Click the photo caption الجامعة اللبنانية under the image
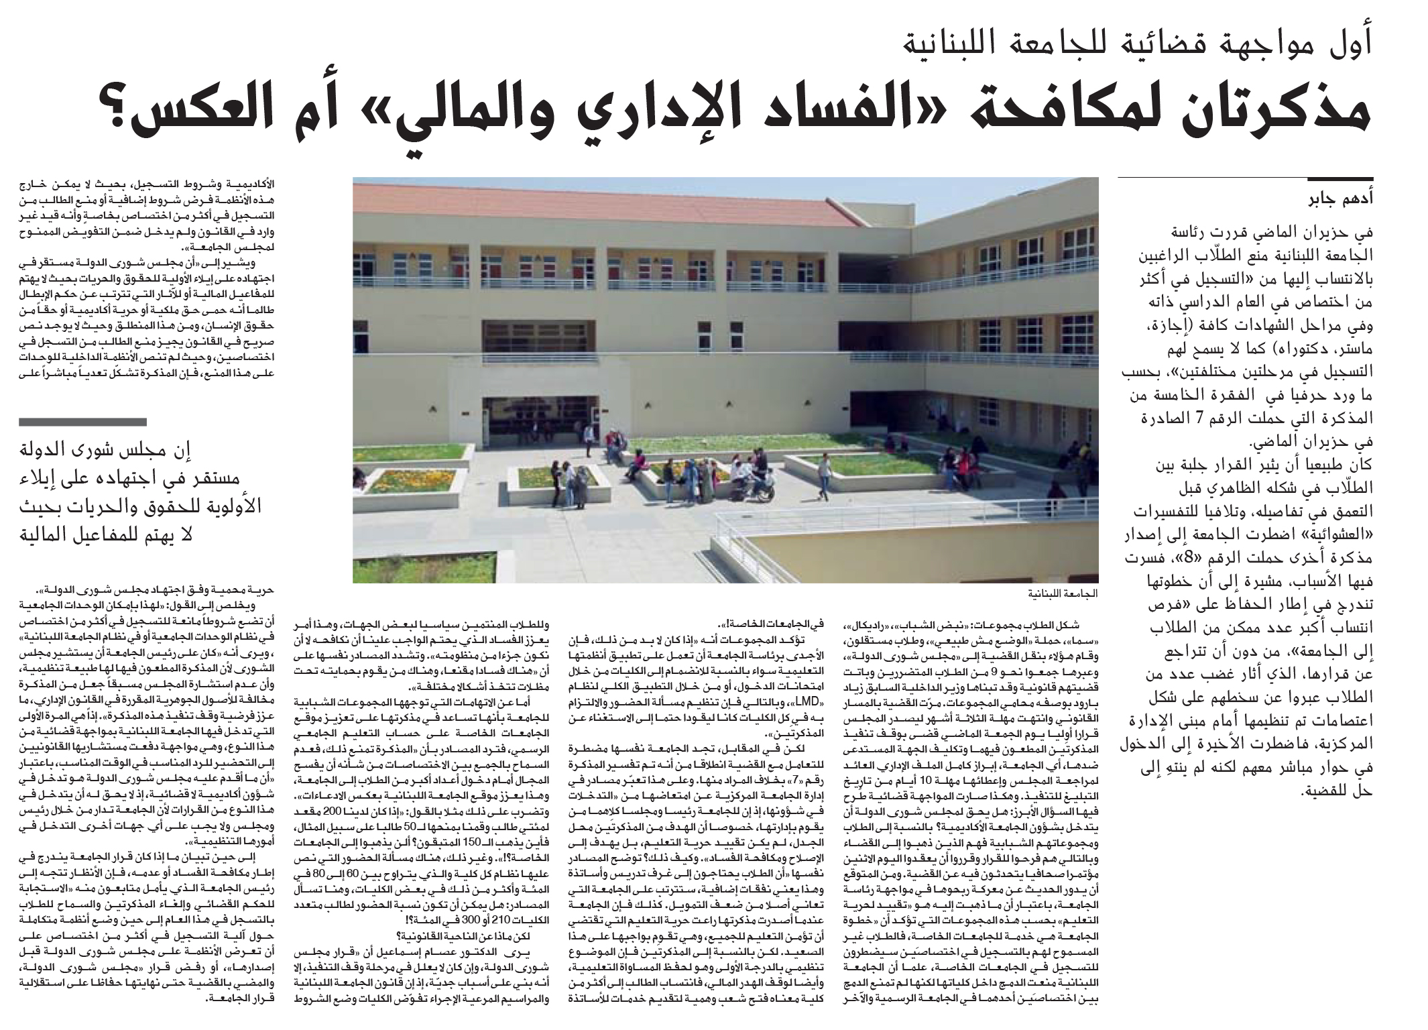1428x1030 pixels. [x=1063, y=594]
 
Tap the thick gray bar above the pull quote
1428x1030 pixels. [x=82, y=422]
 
